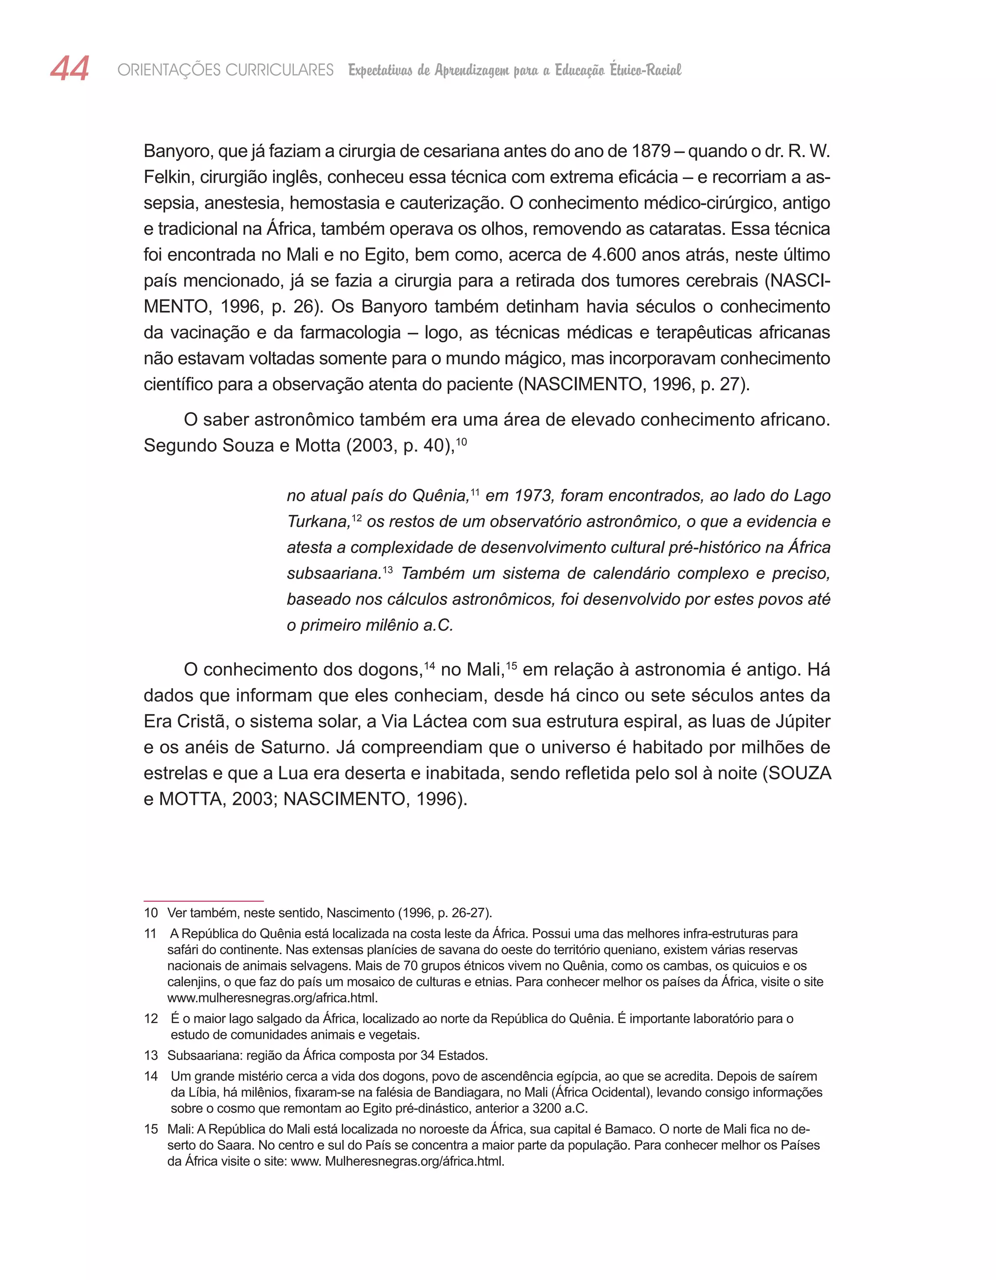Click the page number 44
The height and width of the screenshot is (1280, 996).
(x=70, y=69)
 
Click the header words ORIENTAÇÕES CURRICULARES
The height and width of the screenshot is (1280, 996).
(x=225, y=71)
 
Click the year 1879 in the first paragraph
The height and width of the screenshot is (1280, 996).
(x=651, y=151)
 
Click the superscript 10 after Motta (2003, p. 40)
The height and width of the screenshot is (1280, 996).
(x=462, y=441)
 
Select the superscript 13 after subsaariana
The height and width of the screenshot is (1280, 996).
(x=388, y=569)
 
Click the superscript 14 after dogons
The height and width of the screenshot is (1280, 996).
(x=429, y=666)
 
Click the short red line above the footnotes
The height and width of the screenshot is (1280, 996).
(x=203, y=901)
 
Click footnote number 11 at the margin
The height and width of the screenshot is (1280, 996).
(x=151, y=934)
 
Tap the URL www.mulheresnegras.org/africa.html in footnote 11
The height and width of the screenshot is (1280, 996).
(x=273, y=998)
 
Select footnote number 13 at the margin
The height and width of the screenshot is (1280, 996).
(x=151, y=1055)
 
